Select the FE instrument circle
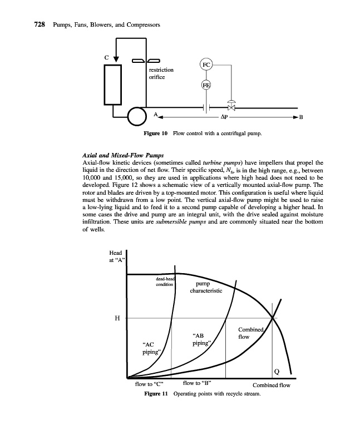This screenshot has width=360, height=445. pos(206,85)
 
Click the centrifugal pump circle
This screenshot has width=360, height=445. pos(135,116)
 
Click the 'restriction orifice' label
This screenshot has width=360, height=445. pos(161,73)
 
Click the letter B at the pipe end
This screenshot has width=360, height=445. pos(301,118)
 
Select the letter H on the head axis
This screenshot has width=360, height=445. pos(117,318)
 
